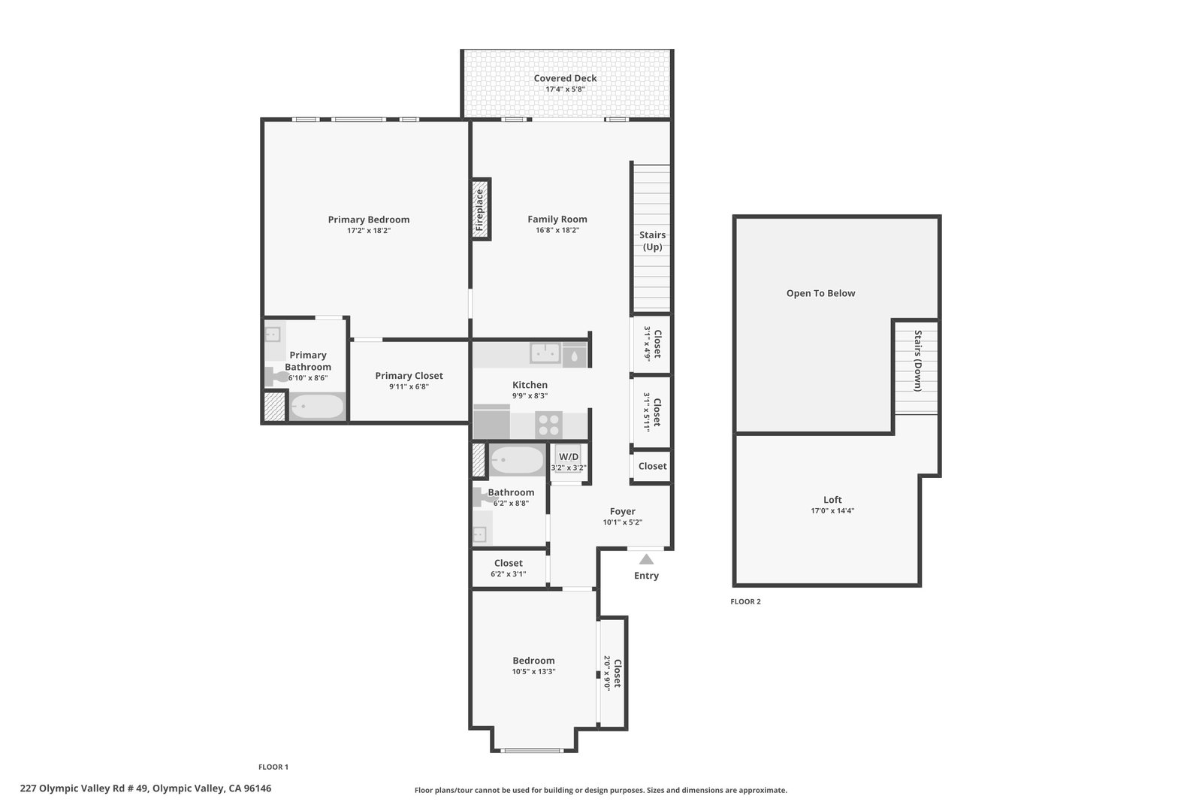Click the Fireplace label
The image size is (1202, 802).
tap(480, 210)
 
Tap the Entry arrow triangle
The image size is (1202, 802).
tap(646, 559)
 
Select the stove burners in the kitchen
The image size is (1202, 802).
tap(548, 425)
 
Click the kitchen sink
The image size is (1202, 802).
tap(545, 353)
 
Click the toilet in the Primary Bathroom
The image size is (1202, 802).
tap(276, 376)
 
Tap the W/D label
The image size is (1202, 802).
tap(569, 457)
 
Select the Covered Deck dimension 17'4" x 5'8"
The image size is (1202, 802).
tap(565, 89)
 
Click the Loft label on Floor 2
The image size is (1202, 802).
tap(833, 500)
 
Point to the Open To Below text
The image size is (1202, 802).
tap(820, 293)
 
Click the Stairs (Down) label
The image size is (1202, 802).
tap(917, 361)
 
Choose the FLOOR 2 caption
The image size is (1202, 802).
tap(745, 601)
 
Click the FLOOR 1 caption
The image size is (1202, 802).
tap(273, 767)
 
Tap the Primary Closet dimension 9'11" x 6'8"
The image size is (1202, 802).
tap(409, 386)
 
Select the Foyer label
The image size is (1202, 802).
tap(623, 512)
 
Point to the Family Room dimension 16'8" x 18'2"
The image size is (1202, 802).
tap(557, 230)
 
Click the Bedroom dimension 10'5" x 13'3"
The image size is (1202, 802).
tap(533, 671)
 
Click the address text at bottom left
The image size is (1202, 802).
tap(146, 788)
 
